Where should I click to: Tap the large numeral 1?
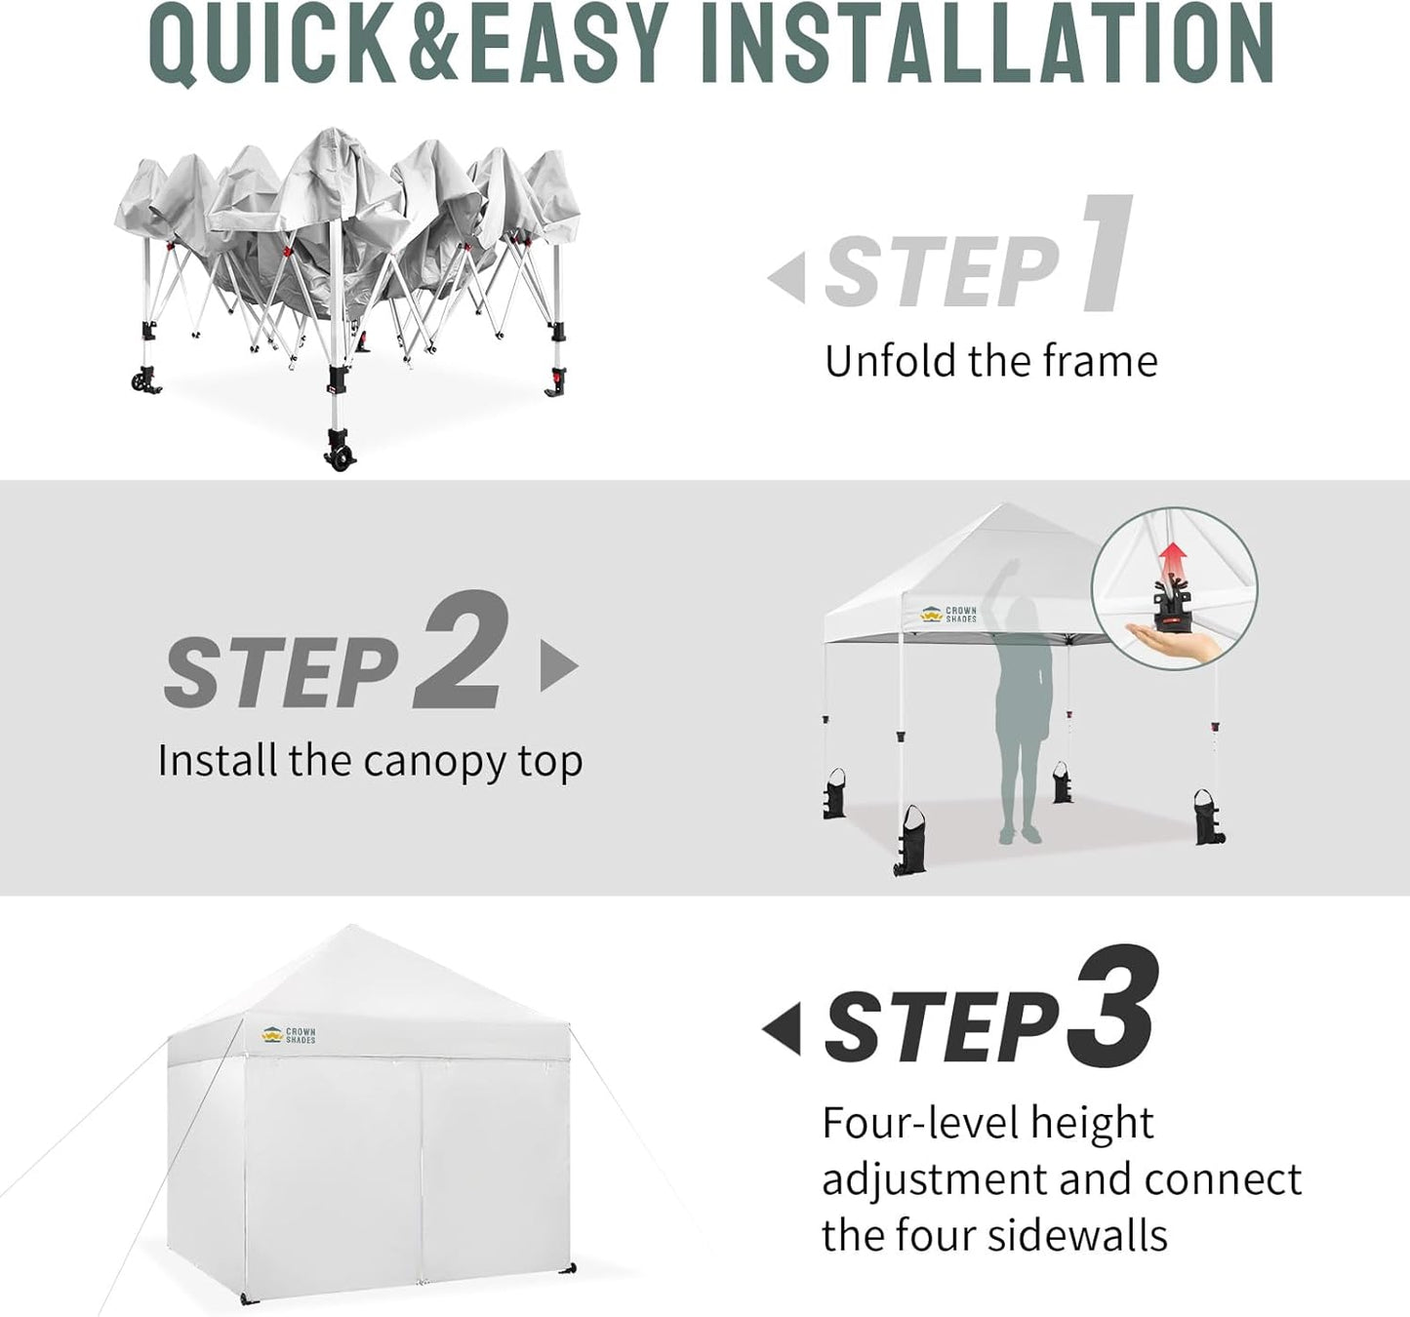pos(1108,254)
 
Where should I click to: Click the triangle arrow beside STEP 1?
pos(786,278)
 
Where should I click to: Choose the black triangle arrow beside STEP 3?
pos(782,1027)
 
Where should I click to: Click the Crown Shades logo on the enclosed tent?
pos(288,1035)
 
